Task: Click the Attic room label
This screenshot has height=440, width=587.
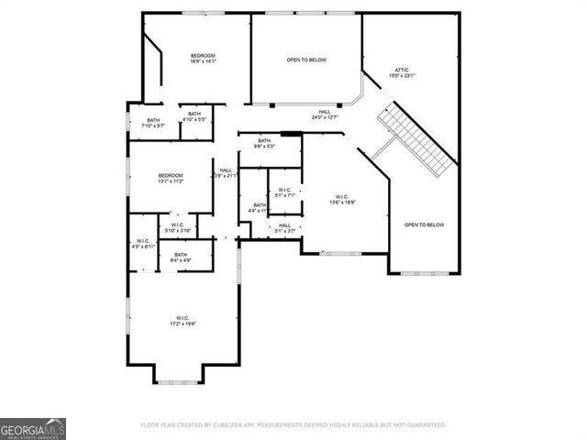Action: click(x=401, y=72)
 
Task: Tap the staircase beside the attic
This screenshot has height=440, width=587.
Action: click(x=417, y=140)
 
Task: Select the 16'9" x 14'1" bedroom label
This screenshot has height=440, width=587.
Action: click(x=203, y=60)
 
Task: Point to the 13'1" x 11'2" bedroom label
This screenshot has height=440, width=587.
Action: click(x=171, y=178)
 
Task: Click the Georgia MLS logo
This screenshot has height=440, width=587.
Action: click(x=33, y=428)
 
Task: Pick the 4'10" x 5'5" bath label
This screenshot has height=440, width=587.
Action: click(x=194, y=116)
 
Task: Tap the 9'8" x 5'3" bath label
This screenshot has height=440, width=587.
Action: click(x=264, y=143)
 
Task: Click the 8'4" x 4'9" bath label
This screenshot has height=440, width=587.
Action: click(x=181, y=257)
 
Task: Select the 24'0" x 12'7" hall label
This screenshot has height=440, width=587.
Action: click(x=325, y=115)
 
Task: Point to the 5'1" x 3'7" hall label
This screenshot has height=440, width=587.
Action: click(x=284, y=228)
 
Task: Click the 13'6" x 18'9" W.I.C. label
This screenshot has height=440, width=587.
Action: click(x=342, y=199)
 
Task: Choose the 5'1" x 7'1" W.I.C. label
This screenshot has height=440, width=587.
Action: click(x=284, y=192)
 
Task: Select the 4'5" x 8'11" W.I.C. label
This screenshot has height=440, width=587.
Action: click(x=144, y=244)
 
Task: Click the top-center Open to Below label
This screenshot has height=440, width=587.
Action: click(x=306, y=60)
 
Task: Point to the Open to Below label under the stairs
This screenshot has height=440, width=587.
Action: click(x=424, y=225)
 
